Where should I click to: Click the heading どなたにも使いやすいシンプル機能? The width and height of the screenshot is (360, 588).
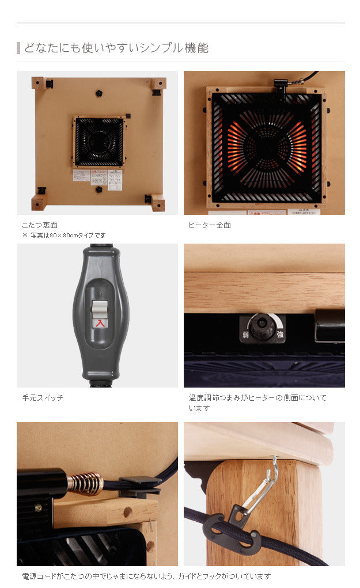tap(116, 48)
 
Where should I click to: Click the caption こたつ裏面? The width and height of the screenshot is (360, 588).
tap(40, 225)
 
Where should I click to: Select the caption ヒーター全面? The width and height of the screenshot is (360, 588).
tap(210, 225)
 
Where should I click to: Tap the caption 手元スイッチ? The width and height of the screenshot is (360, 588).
tap(43, 398)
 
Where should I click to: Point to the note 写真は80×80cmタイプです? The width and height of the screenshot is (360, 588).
tap(67, 235)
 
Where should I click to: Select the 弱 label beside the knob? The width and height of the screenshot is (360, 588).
tap(245, 334)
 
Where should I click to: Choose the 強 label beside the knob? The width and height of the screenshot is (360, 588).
tap(279, 334)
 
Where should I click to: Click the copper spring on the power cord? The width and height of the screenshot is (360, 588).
tap(85, 483)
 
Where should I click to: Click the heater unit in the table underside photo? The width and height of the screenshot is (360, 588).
tap(99, 142)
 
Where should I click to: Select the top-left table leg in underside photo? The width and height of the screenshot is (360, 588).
tap(39, 83)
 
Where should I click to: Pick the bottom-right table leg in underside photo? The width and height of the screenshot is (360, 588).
tap(157, 202)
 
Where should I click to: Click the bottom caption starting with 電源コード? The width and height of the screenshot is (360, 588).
tap(146, 576)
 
